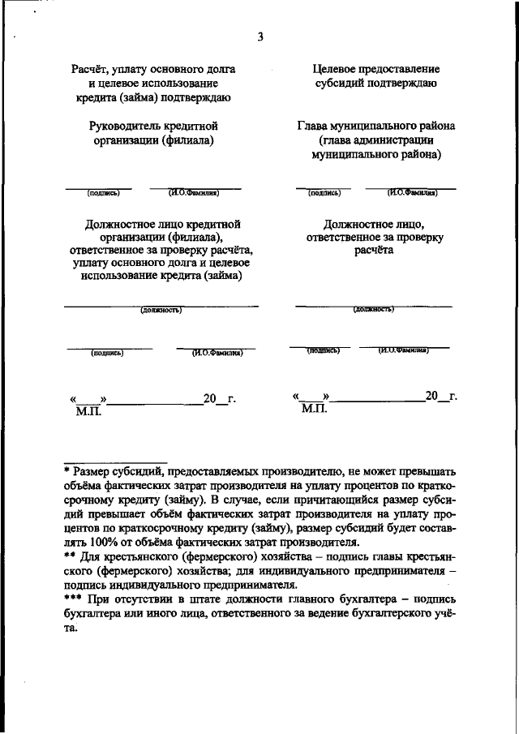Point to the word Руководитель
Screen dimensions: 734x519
pyautogui.click(x=126, y=127)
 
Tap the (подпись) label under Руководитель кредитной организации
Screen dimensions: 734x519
pyautogui.click(x=103, y=193)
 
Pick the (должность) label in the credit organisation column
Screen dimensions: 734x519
pyautogui.click(x=161, y=310)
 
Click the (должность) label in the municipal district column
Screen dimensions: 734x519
pyautogui.click(x=373, y=310)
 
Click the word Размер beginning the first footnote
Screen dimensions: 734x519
pyautogui.click(x=93, y=470)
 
